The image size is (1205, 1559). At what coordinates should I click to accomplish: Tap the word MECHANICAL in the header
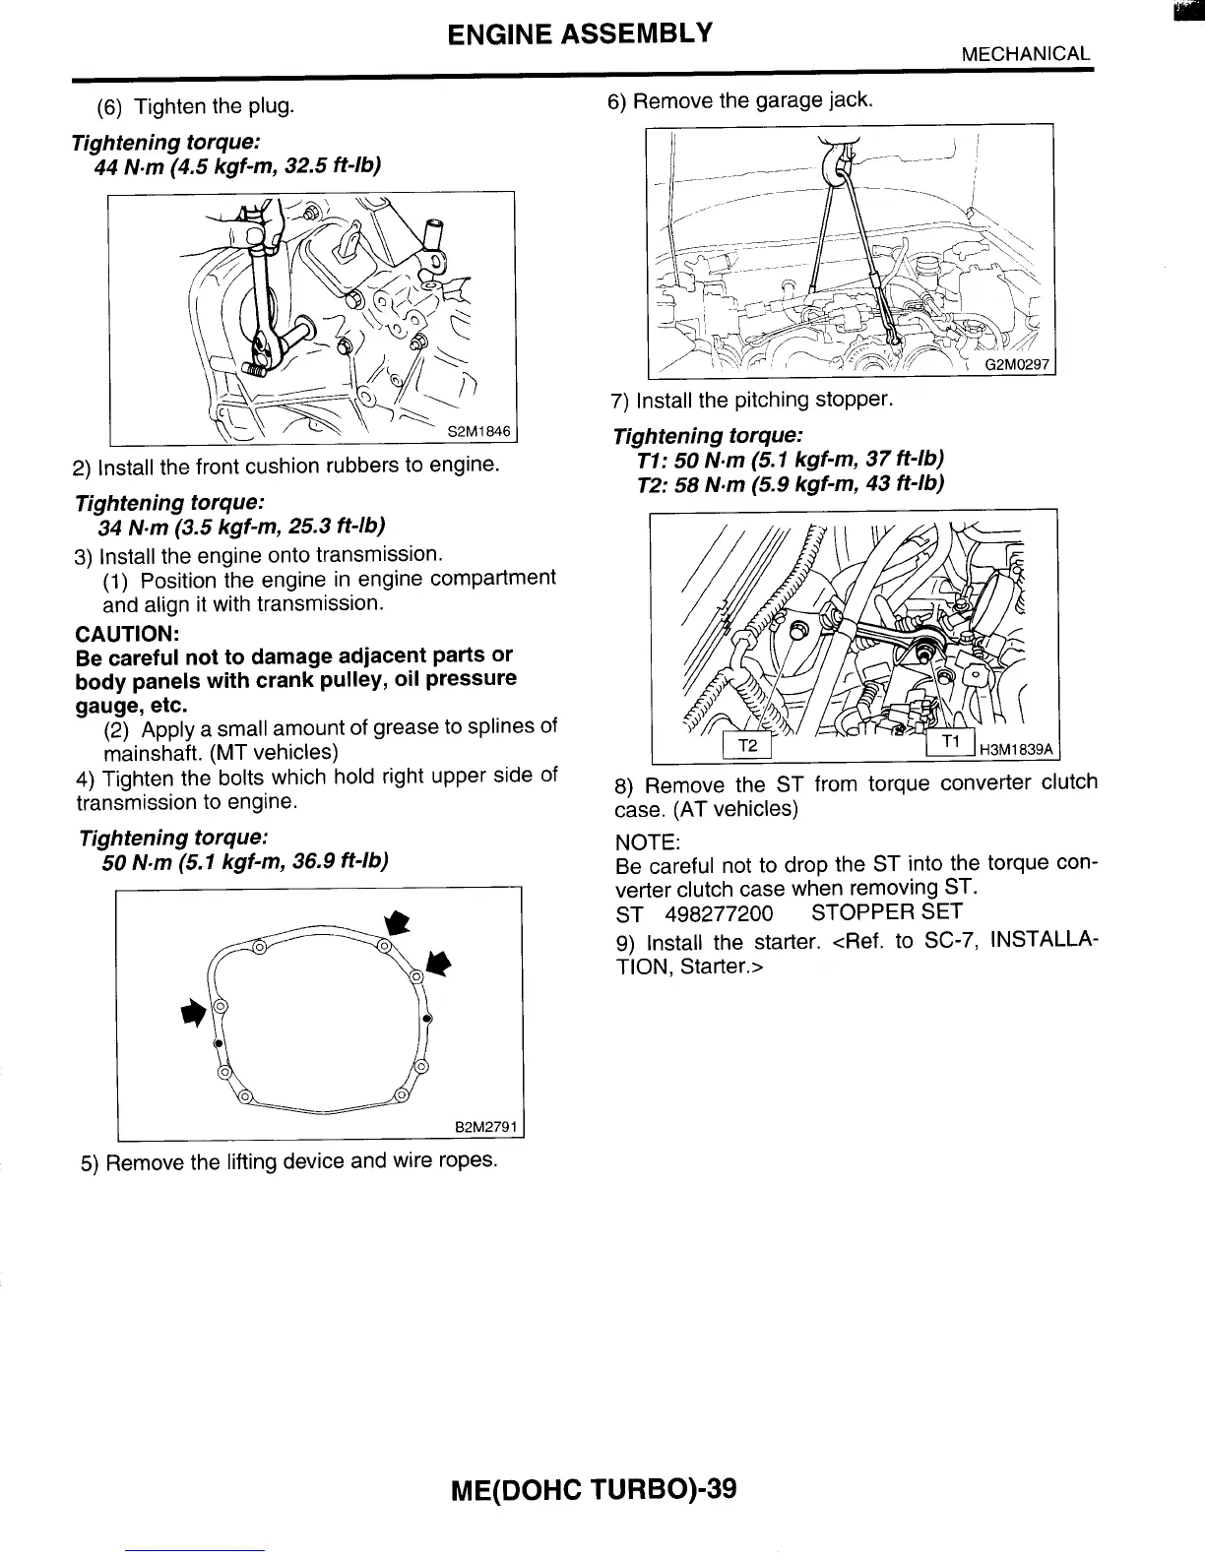pos(1026,54)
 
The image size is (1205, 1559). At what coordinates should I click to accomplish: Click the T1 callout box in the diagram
pos(950,743)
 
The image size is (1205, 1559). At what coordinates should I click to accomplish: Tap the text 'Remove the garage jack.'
pos(752,101)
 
